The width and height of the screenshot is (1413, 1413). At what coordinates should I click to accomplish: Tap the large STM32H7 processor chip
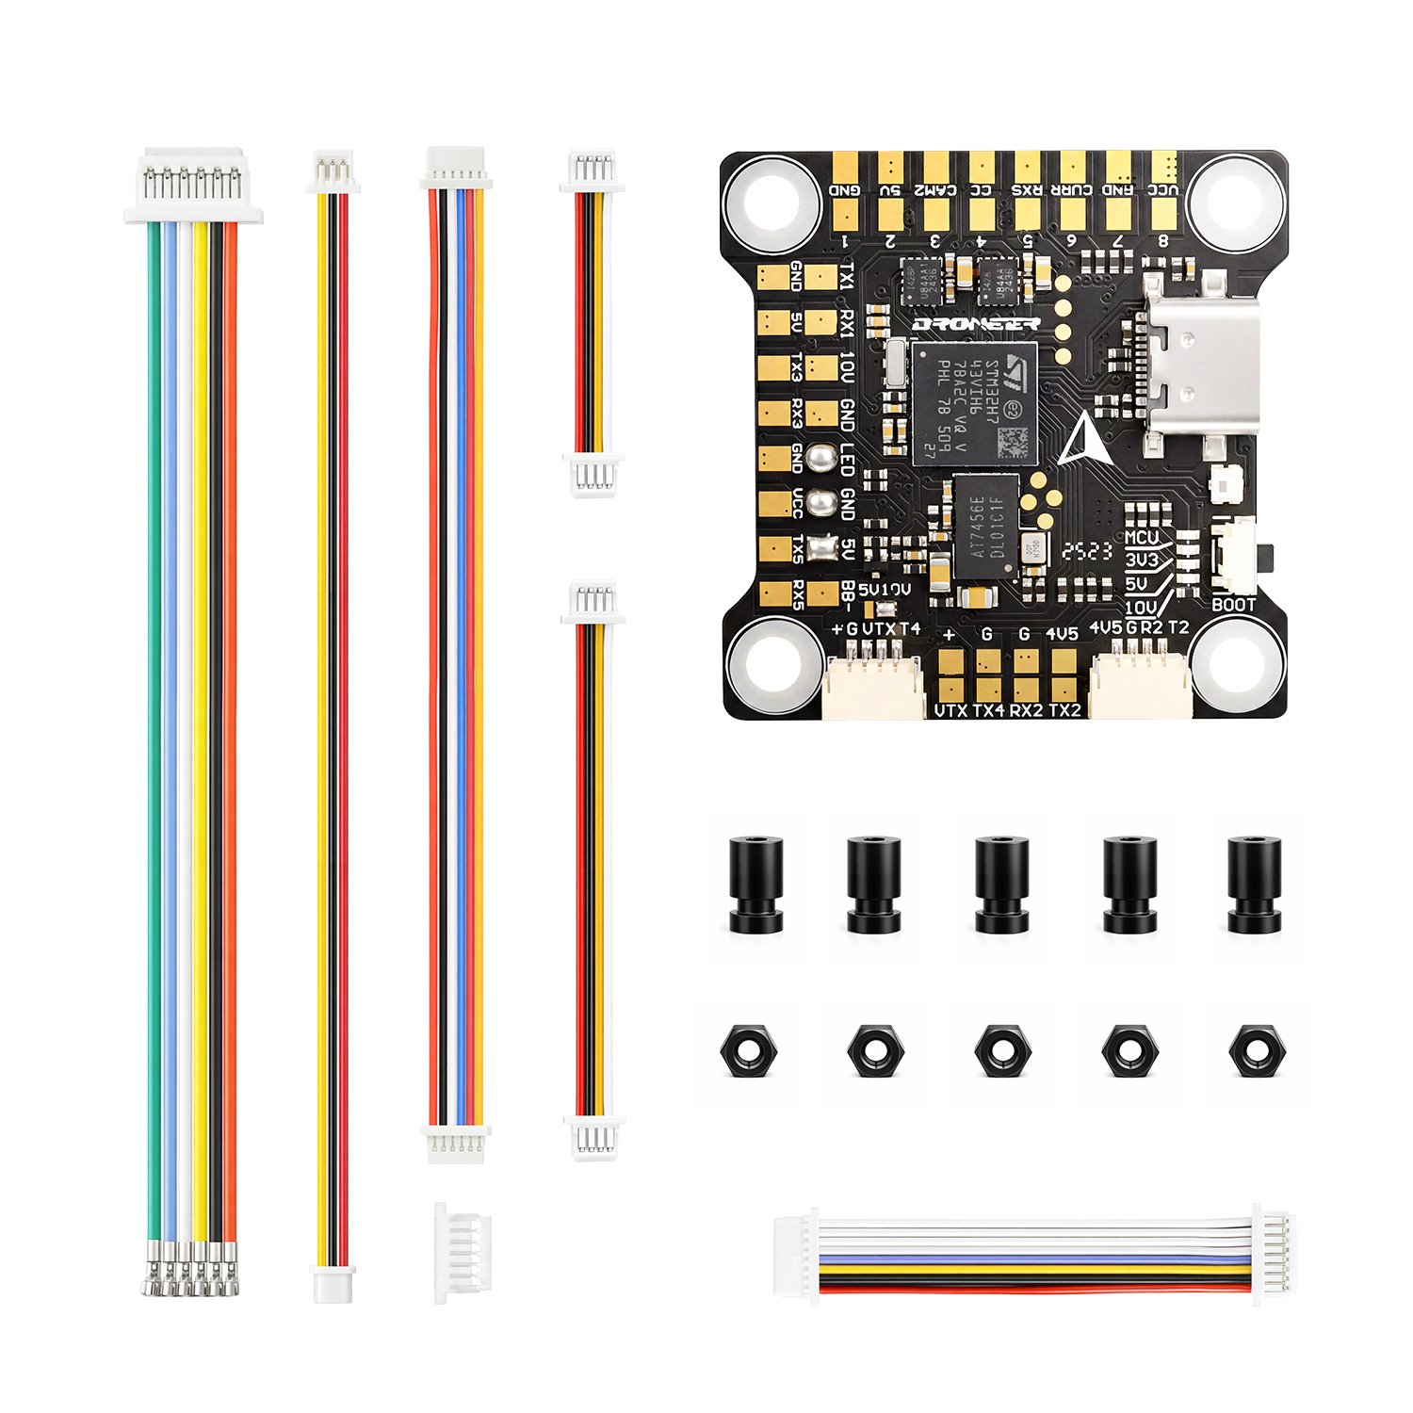click(974, 403)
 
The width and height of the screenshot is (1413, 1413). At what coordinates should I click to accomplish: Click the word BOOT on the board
click(1233, 605)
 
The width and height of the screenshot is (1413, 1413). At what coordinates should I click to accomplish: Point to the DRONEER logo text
click(976, 324)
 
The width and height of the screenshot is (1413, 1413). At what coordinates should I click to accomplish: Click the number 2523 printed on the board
click(1087, 551)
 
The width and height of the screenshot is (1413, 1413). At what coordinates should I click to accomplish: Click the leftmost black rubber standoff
click(755, 884)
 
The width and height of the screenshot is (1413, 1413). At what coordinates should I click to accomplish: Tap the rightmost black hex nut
click(1256, 1050)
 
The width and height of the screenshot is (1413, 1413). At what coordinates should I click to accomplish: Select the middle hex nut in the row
click(1002, 1050)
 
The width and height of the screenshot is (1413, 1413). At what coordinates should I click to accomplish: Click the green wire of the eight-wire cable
click(154, 735)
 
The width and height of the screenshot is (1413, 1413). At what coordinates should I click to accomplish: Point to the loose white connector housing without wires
click(463, 1252)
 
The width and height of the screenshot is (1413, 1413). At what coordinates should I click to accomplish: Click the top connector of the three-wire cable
click(333, 171)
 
